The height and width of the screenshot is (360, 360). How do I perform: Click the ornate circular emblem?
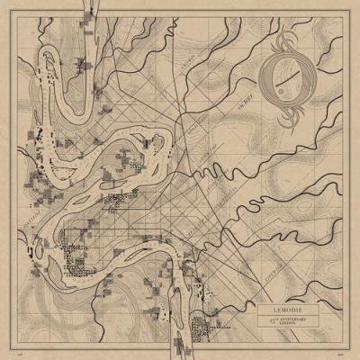tap(283, 85)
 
